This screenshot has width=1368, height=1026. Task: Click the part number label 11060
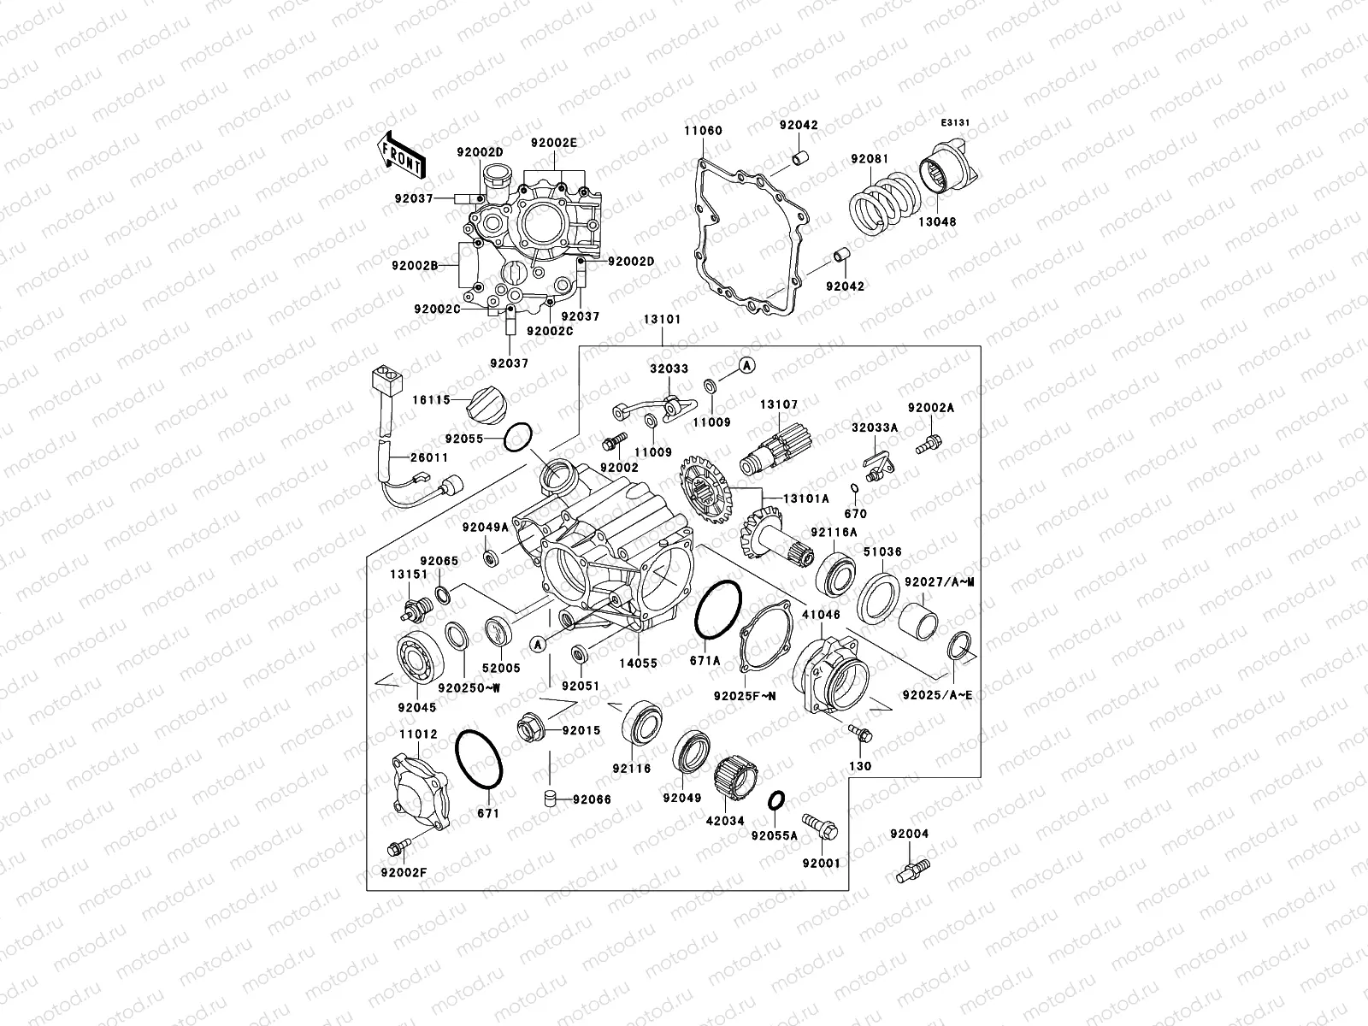pyautogui.click(x=703, y=131)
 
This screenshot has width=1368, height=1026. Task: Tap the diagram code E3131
pyautogui.click(x=955, y=123)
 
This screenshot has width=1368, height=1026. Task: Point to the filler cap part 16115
pyautogui.click(x=484, y=401)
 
